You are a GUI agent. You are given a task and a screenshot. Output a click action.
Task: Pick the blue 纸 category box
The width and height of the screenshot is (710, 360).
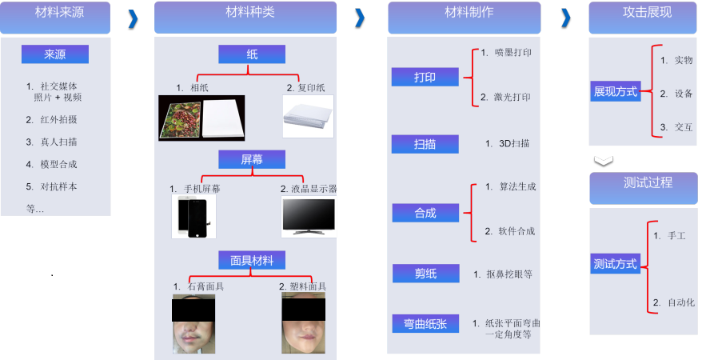coord(252,54)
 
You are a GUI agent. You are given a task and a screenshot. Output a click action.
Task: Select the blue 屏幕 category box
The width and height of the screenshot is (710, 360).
coord(252,159)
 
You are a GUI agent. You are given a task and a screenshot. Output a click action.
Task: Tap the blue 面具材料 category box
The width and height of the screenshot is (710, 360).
coord(252,259)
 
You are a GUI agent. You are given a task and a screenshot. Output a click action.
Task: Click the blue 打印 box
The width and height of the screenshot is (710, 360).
coord(425,77)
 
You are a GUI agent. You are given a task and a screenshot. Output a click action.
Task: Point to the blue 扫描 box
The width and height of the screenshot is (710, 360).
coord(425,144)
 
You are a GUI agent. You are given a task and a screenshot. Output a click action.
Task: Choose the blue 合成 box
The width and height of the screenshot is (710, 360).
coord(425,212)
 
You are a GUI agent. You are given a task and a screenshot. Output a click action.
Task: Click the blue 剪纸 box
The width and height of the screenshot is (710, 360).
coord(425,274)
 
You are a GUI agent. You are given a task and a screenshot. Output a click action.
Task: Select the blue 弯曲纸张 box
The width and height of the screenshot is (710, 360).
coord(425,323)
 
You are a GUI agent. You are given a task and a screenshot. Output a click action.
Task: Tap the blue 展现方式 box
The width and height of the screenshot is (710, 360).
coord(616,91)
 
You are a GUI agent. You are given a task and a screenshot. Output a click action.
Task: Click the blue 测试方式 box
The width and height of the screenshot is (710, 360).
coord(616,263)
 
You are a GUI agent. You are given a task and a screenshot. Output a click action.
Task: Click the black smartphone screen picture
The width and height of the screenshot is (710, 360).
coord(194,217)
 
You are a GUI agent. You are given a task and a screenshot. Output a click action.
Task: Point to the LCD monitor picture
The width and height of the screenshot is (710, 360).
coord(308,216)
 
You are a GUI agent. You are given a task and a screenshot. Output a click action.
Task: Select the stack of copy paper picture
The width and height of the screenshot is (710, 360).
coord(308,117)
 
